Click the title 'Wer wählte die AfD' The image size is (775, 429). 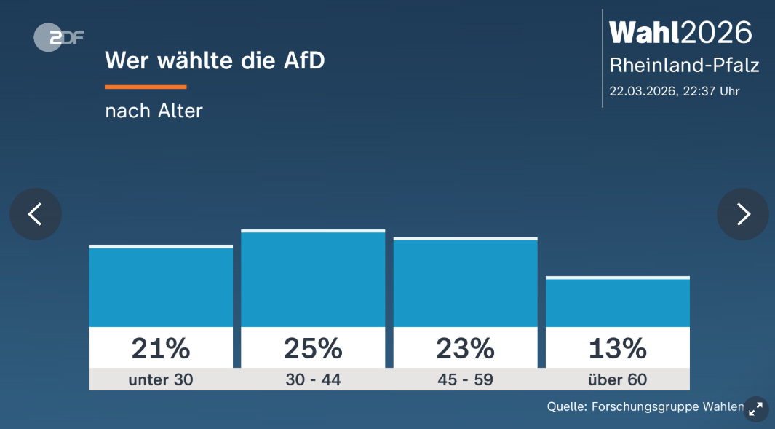coord(215,60)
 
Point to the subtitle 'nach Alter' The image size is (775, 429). coord(154,111)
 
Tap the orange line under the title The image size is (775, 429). coord(146,87)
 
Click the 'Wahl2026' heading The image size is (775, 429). coord(680,32)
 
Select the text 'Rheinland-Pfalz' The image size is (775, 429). coord(684,66)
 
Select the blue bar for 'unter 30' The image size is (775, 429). coord(161,287)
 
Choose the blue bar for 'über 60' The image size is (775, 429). coord(617,302)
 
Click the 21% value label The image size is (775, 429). coord(161,349)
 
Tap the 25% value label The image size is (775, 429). coord(313,349)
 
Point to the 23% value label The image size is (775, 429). coord(465,349)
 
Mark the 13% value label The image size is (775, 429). coord(617,349)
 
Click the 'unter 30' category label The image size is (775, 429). coord(161,379)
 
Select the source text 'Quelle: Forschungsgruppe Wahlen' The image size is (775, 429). coord(645,406)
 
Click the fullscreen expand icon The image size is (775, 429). coord(756,409)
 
